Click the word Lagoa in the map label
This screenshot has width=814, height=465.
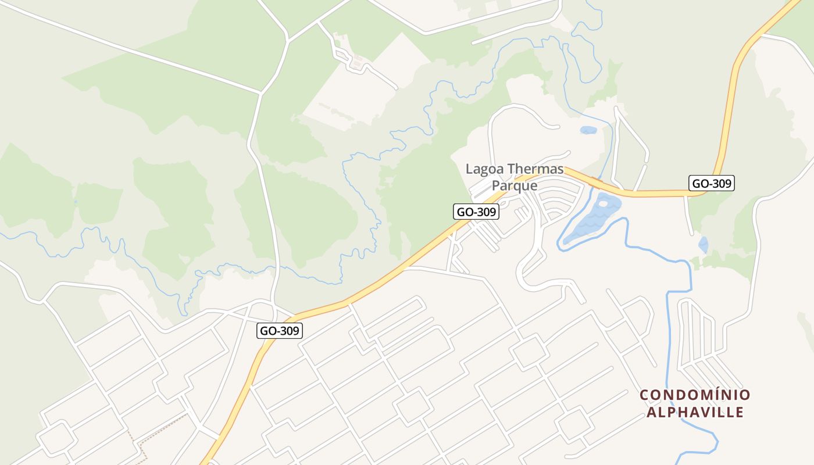[484, 169]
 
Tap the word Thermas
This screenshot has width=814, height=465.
[535, 169]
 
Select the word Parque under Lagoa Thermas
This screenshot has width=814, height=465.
[515, 186]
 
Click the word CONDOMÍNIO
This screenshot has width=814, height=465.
[695, 395]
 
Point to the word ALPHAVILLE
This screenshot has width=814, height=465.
[695, 413]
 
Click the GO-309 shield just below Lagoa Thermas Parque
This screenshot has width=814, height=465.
[476, 212]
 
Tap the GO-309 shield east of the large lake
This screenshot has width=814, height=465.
[712, 184]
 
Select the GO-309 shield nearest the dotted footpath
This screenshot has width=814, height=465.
[280, 331]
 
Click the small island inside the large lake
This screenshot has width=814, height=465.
[603, 203]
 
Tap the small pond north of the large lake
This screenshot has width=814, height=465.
[588, 130]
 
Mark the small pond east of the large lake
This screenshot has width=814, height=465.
[704, 245]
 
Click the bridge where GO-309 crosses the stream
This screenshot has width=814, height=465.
[595, 183]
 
